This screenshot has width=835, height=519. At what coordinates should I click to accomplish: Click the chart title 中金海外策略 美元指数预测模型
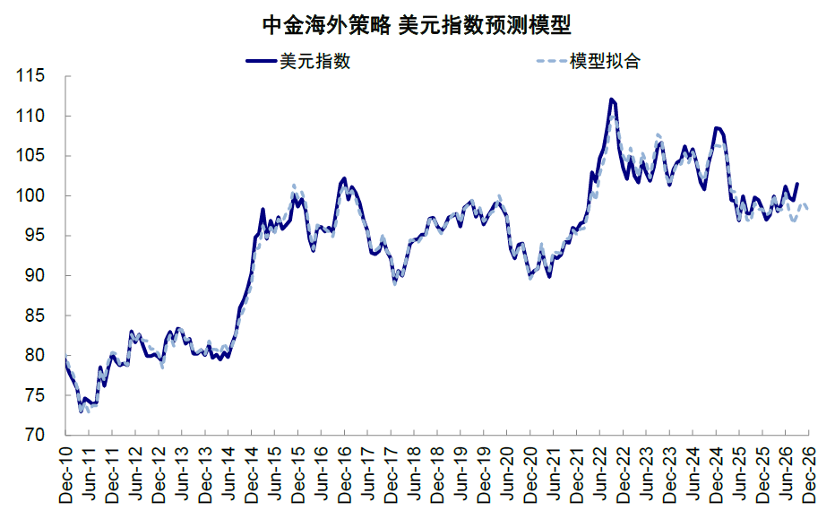pyautogui.click(x=417, y=25)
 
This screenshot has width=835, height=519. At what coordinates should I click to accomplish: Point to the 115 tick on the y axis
pyautogui.click(x=30, y=75)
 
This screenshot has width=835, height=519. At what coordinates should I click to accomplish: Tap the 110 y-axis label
pyautogui.click(x=30, y=116)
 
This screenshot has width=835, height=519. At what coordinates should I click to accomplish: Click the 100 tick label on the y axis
pyautogui.click(x=30, y=195)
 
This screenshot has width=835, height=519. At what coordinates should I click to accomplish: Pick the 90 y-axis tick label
pyautogui.click(x=35, y=275)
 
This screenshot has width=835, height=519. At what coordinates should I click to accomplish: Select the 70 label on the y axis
pyautogui.click(x=35, y=435)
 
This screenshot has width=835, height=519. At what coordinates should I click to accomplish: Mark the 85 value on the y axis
pyautogui.click(x=35, y=316)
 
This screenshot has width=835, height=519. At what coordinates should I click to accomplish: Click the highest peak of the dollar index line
pyautogui.click(x=611, y=99)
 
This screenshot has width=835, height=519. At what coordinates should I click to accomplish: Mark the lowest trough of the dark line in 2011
pyautogui.click(x=81, y=411)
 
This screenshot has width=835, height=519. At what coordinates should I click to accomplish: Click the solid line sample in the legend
pyautogui.click(x=262, y=61)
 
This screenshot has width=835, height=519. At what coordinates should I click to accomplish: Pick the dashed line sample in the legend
pyautogui.click(x=552, y=61)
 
